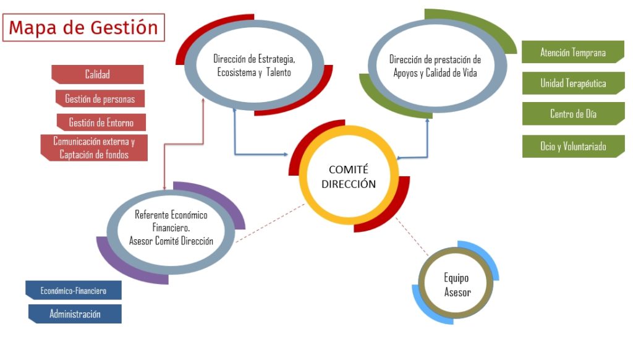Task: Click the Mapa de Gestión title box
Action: click(x=83, y=27)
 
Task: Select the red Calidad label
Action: click(x=97, y=74)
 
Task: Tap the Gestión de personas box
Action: click(x=100, y=98)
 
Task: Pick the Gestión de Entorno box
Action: click(x=101, y=122)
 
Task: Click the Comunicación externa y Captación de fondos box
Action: click(x=94, y=148)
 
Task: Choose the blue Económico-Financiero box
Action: click(x=74, y=291)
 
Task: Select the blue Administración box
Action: click(x=75, y=314)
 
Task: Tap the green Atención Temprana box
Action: click(x=573, y=52)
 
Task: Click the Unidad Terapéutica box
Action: click(x=573, y=84)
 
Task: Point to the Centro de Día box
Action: click(x=573, y=114)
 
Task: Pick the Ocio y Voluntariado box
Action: click(x=573, y=146)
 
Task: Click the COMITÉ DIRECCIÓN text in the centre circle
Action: click(x=349, y=176)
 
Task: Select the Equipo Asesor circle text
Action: click(x=457, y=285)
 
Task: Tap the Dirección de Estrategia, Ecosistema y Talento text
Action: click(x=254, y=66)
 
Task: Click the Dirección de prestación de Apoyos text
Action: click(x=435, y=66)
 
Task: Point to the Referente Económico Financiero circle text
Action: click(x=171, y=228)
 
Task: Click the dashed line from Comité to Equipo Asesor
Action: click(x=412, y=237)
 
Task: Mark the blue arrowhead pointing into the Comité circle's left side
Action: click(x=286, y=155)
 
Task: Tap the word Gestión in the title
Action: click(x=124, y=28)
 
